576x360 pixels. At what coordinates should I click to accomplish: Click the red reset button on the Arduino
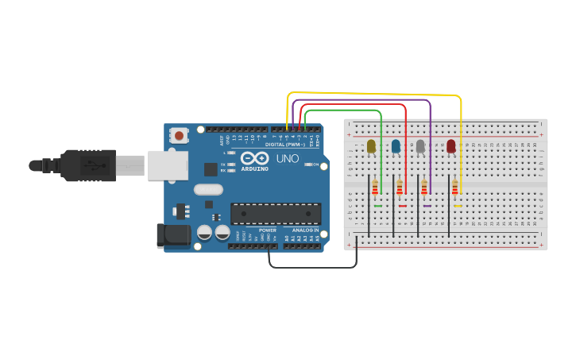point(179,136)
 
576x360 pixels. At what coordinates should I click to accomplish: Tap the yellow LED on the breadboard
point(371,145)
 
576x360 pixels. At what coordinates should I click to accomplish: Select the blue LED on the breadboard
point(396,145)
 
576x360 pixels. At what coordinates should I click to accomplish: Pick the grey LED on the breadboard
point(420,145)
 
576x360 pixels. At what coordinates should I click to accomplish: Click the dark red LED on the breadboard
point(451,145)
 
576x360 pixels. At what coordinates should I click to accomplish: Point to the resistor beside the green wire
point(375,188)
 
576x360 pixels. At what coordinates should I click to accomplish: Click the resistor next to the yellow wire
point(454,188)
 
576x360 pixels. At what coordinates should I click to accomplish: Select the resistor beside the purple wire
point(424,188)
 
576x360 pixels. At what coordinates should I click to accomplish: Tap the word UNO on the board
point(287,159)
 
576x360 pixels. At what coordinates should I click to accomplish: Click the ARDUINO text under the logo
point(254,169)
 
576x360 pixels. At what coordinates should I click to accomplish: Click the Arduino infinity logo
point(255,158)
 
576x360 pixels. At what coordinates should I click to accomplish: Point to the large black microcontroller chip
point(276,214)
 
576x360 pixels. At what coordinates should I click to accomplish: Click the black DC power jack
point(172,234)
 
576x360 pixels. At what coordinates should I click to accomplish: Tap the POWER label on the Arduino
point(267,230)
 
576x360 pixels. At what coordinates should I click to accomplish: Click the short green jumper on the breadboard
point(377,207)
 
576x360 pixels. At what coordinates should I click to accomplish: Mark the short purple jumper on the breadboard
point(427,207)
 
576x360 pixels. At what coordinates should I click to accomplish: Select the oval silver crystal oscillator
point(208,189)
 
